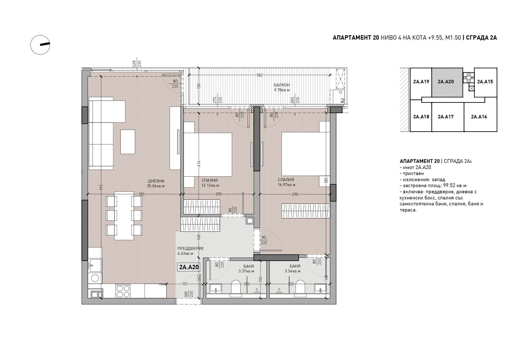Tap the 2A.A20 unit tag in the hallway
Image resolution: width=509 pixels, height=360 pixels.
(x=189, y=267)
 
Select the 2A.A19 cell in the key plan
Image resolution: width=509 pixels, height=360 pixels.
(x=421, y=82)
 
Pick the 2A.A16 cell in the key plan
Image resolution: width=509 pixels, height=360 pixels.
(x=480, y=117)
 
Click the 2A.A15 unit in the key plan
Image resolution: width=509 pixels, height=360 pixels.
(x=485, y=82)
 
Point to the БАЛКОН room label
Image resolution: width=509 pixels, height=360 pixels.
(x=282, y=85)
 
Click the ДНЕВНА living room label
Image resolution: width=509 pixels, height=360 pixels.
(x=156, y=181)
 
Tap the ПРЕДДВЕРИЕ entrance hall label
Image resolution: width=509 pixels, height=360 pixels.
(x=190, y=249)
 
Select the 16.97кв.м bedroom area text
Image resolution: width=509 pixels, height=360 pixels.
(x=286, y=185)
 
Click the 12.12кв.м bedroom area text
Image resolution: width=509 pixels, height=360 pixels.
(x=210, y=185)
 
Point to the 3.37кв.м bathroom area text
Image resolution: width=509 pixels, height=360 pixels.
(x=246, y=271)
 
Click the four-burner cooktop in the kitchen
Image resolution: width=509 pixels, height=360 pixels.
(x=123, y=291)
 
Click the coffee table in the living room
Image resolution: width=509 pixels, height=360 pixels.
(x=128, y=142)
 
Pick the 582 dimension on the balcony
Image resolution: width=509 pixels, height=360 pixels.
(x=260, y=75)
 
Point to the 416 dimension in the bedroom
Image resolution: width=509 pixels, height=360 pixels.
(x=199, y=164)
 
